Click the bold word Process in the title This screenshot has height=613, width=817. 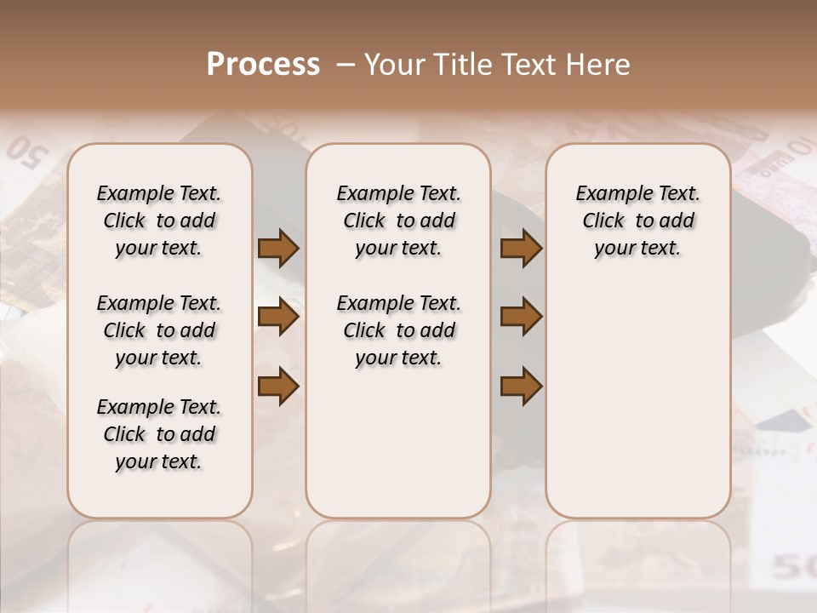[263, 65]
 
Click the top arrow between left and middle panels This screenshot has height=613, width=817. [278, 248]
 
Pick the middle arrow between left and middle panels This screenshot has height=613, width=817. [278, 318]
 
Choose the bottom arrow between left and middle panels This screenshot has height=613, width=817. [278, 387]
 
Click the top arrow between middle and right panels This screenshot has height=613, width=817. [521, 248]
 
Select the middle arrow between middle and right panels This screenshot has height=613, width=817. [521, 318]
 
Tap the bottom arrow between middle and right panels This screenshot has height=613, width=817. [521, 387]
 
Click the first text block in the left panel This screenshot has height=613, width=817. [159, 221]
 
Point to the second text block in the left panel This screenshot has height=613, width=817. [159, 330]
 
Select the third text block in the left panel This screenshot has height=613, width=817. [159, 434]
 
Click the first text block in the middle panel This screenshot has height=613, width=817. [398, 221]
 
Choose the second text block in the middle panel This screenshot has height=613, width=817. [398, 330]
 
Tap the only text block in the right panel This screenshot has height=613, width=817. [637, 221]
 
